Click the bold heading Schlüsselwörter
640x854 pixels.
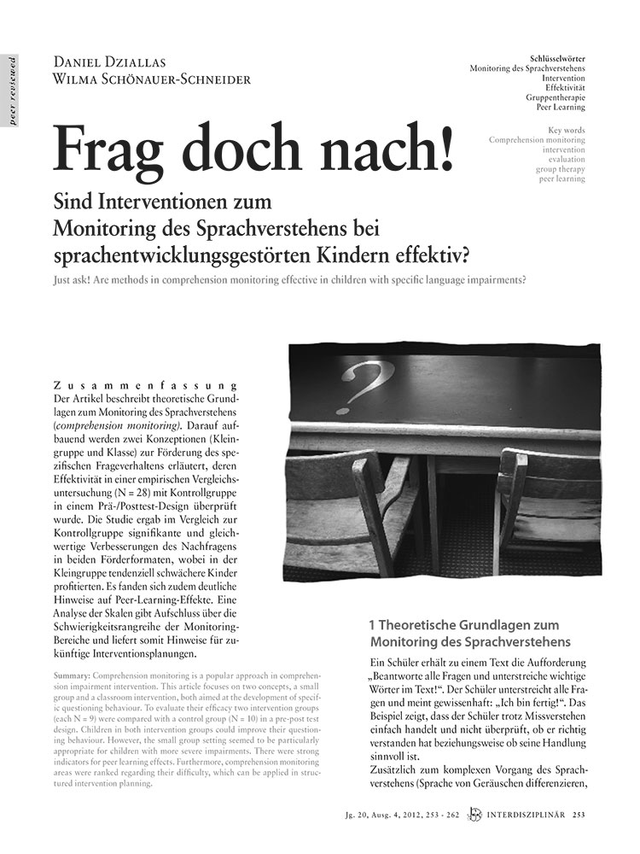(585, 57)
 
